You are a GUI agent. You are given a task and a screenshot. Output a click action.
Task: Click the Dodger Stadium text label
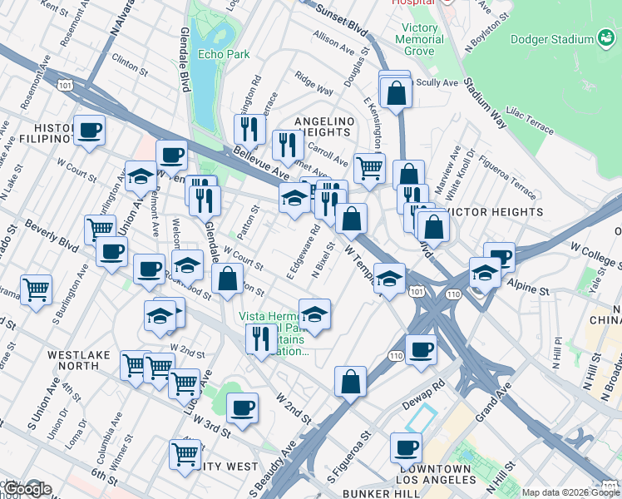548,39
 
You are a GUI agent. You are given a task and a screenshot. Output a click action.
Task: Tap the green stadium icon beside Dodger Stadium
607,39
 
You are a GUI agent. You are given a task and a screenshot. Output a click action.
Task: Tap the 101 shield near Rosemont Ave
63,84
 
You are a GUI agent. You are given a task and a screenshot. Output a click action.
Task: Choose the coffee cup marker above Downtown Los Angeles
406,447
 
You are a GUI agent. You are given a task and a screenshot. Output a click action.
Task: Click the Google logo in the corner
27,489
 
